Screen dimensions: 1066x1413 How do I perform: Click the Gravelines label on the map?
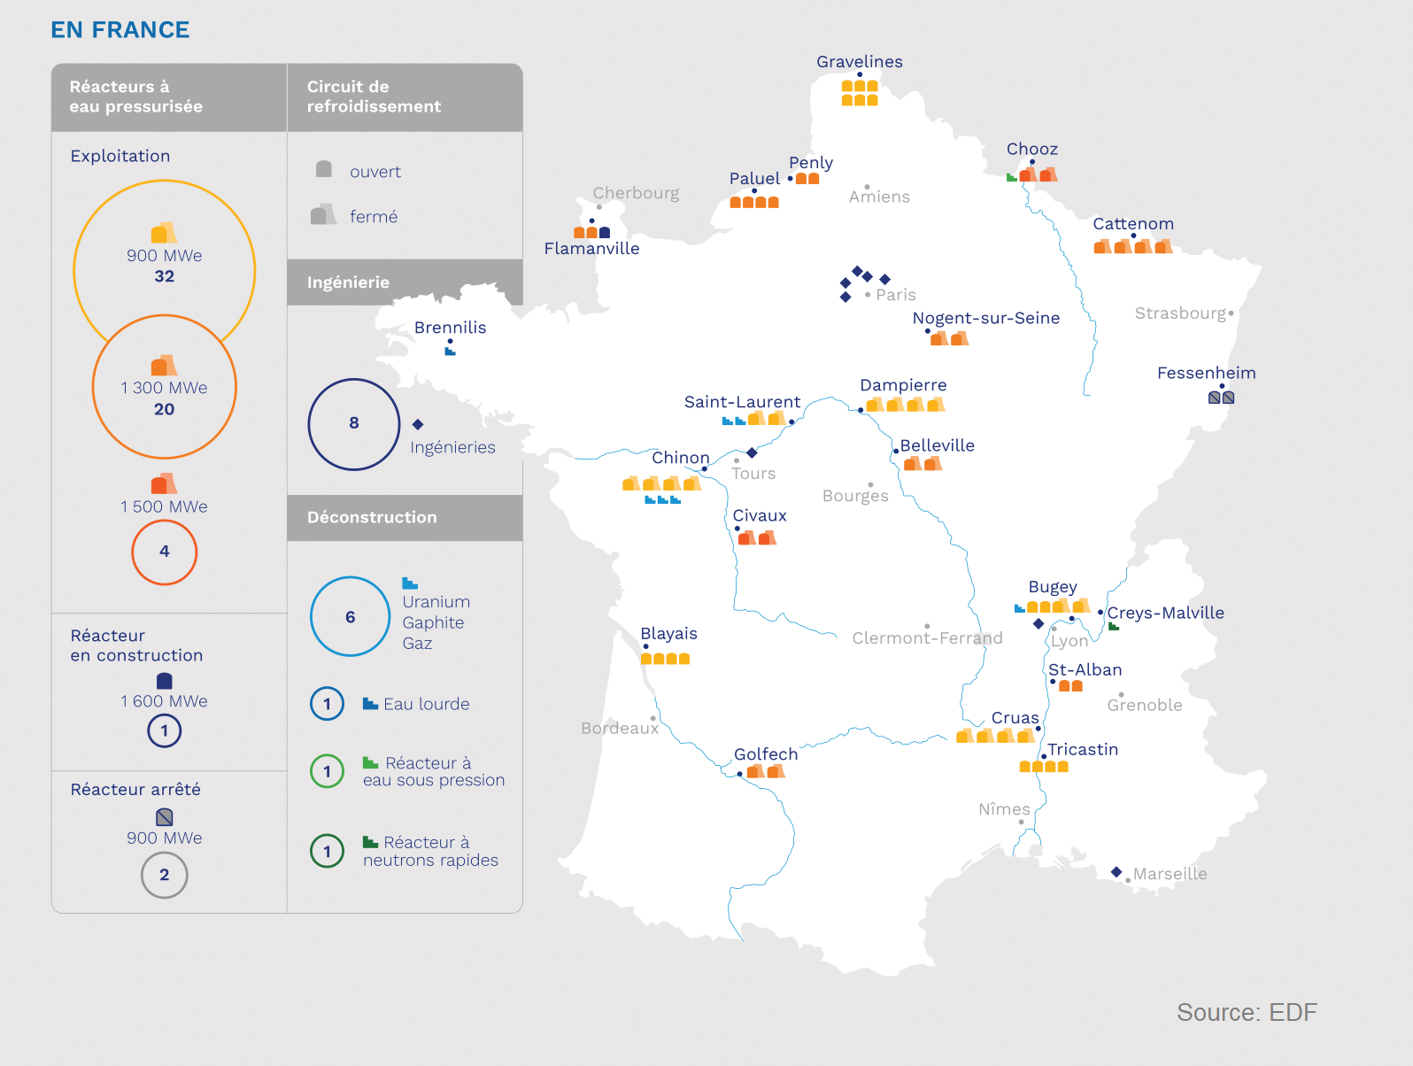859,62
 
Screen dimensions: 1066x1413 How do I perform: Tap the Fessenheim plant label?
1206,373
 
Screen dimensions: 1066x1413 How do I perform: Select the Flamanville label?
591,249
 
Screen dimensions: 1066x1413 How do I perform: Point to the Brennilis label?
450,328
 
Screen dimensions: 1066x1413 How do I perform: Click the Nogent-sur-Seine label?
985,318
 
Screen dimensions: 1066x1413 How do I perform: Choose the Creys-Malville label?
1165,613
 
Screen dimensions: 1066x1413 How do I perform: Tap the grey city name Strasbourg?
1180,313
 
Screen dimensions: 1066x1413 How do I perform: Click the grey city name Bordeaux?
620,728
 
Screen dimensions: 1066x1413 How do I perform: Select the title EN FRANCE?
120,30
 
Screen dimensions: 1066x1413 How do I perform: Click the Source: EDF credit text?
1246,1012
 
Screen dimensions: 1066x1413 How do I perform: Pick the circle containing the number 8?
354,424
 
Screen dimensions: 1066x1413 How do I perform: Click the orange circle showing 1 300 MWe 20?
165,387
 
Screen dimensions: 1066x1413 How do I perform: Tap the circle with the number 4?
165,552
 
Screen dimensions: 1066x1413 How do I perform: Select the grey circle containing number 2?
165,875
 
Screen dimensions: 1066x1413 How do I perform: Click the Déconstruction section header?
372,517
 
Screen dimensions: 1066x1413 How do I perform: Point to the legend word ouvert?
374,172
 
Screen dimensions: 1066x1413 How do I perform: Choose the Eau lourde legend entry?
426,704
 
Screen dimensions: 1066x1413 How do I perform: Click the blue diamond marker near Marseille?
1116,872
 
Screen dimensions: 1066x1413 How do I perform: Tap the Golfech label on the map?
766,754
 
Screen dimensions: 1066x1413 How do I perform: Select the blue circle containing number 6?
351,616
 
